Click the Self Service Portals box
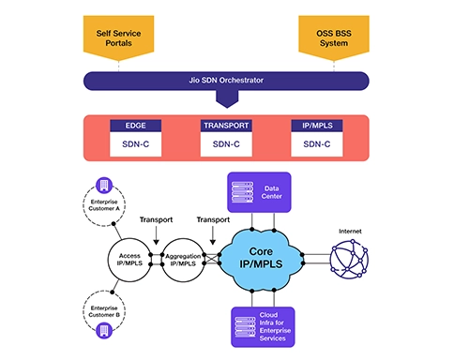coord(120,38)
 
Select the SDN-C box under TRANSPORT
coord(226,144)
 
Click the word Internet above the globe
coord(355,227)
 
